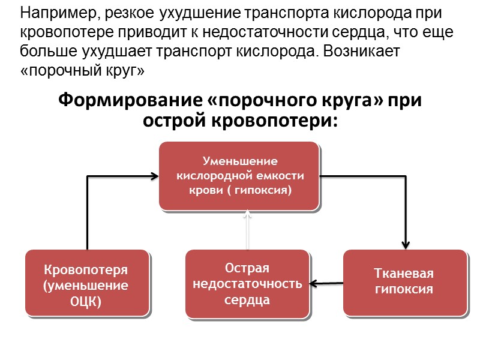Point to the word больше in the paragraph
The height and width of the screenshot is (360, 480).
pyautogui.click(x=44, y=52)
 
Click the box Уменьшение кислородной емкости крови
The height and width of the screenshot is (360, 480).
pyautogui.click(x=239, y=176)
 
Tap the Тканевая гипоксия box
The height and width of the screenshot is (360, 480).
pyautogui.click(x=404, y=281)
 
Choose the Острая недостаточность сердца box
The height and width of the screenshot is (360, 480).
pyautogui.click(x=247, y=283)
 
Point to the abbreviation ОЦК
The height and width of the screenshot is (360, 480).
pyautogui.click(x=86, y=301)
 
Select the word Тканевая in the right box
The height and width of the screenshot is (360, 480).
pyautogui.click(x=404, y=274)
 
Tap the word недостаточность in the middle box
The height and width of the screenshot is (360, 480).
pyautogui.click(x=247, y=283)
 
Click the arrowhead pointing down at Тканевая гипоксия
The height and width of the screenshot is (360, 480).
pyautogui.click(x=406, y=245)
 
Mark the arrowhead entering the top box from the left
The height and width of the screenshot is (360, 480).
pyautogui.click(x=154, y=176)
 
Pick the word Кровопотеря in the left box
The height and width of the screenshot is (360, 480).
pyautogui.click(x=86, y=270)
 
